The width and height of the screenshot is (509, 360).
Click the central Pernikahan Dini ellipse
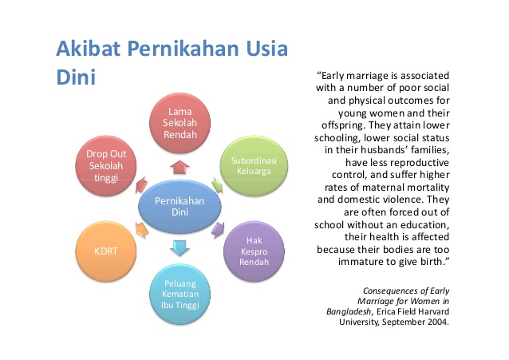180,206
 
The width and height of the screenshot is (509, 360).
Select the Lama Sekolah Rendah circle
180,123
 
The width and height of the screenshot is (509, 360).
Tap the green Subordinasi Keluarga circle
254,166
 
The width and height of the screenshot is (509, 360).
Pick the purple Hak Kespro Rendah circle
254,251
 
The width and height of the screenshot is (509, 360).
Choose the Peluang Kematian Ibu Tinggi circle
180,294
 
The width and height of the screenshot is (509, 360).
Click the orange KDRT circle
106,251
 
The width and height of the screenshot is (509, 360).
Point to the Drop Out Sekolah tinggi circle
106,166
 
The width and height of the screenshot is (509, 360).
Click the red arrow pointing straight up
180,167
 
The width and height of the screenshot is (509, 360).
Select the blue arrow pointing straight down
180,248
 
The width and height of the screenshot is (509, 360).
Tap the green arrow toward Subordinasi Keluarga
217,185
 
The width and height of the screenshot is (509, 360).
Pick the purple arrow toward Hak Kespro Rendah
218,229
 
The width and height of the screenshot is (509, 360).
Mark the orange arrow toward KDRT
142,229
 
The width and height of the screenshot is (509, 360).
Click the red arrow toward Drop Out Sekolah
142,185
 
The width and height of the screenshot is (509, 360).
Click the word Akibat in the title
88,49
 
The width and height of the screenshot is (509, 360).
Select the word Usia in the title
266,49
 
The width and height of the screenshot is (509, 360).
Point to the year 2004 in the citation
438,322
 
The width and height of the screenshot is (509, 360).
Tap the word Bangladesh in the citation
349,311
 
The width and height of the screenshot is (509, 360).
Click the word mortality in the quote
428,188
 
